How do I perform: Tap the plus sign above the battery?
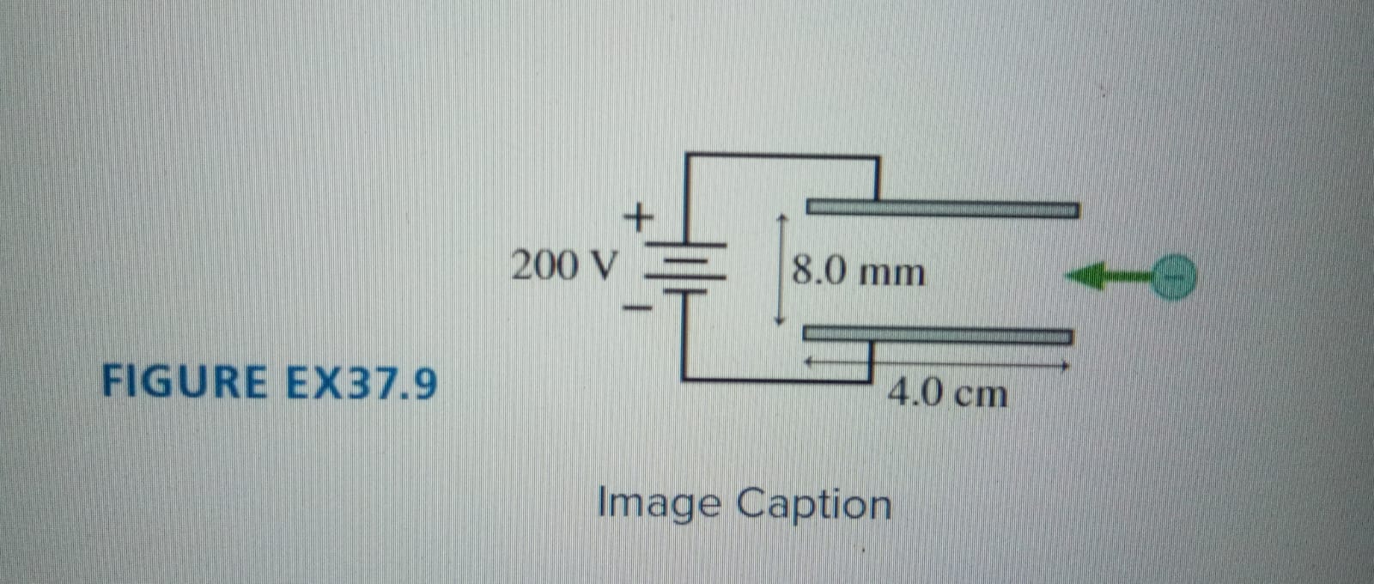(x=637, y=216)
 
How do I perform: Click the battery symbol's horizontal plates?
(x=684, y=267)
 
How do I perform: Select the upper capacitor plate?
(x=942, y=209)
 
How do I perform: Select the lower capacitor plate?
(x=938, y=335)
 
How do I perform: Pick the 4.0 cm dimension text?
(x=947, y=394)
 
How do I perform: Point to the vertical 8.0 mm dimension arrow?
(x=780, y=269)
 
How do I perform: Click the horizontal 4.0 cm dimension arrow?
(x=936, y=365)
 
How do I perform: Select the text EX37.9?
(x=361, y=383)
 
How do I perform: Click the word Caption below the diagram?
(x=814, y=505)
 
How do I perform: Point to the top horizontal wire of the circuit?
(x=781, y=156)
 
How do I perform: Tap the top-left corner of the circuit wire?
(x=686, y=156)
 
